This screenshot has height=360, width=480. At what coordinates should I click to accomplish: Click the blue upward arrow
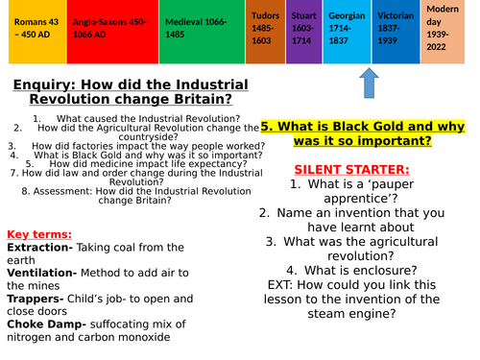tap(373, 84)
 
